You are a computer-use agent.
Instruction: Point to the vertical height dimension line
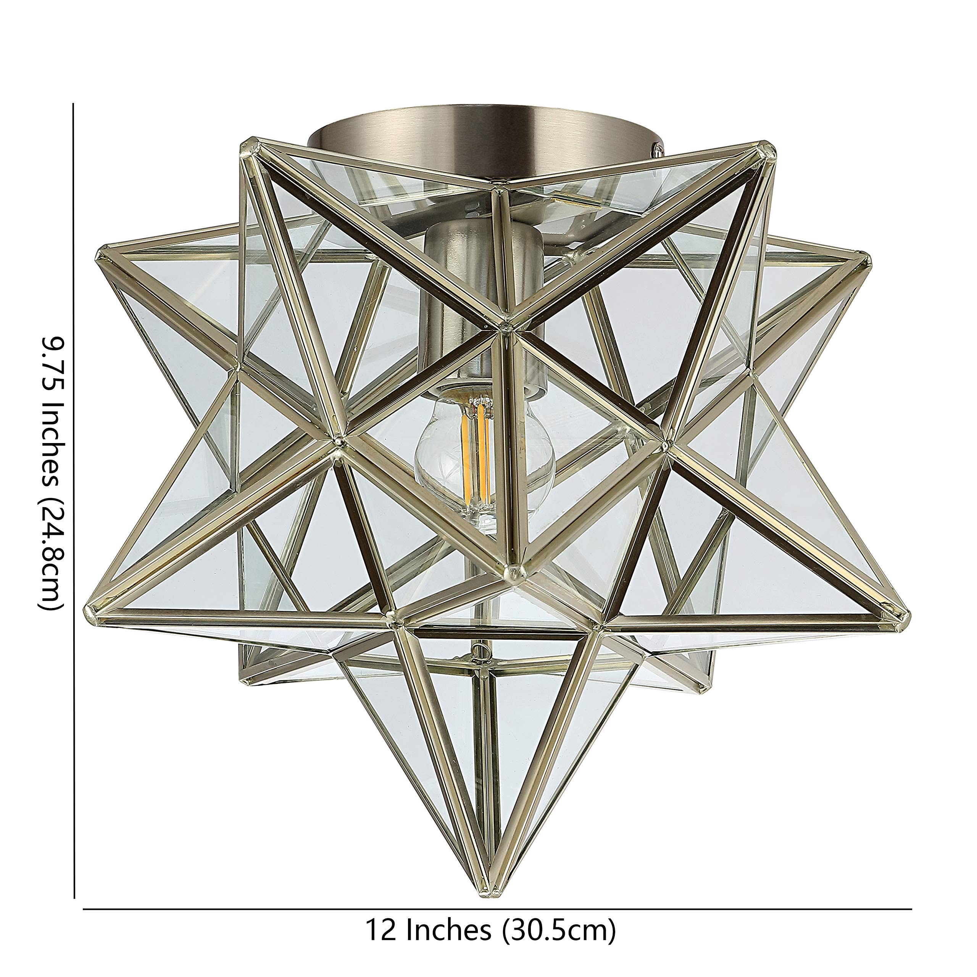tap(74, 506)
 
